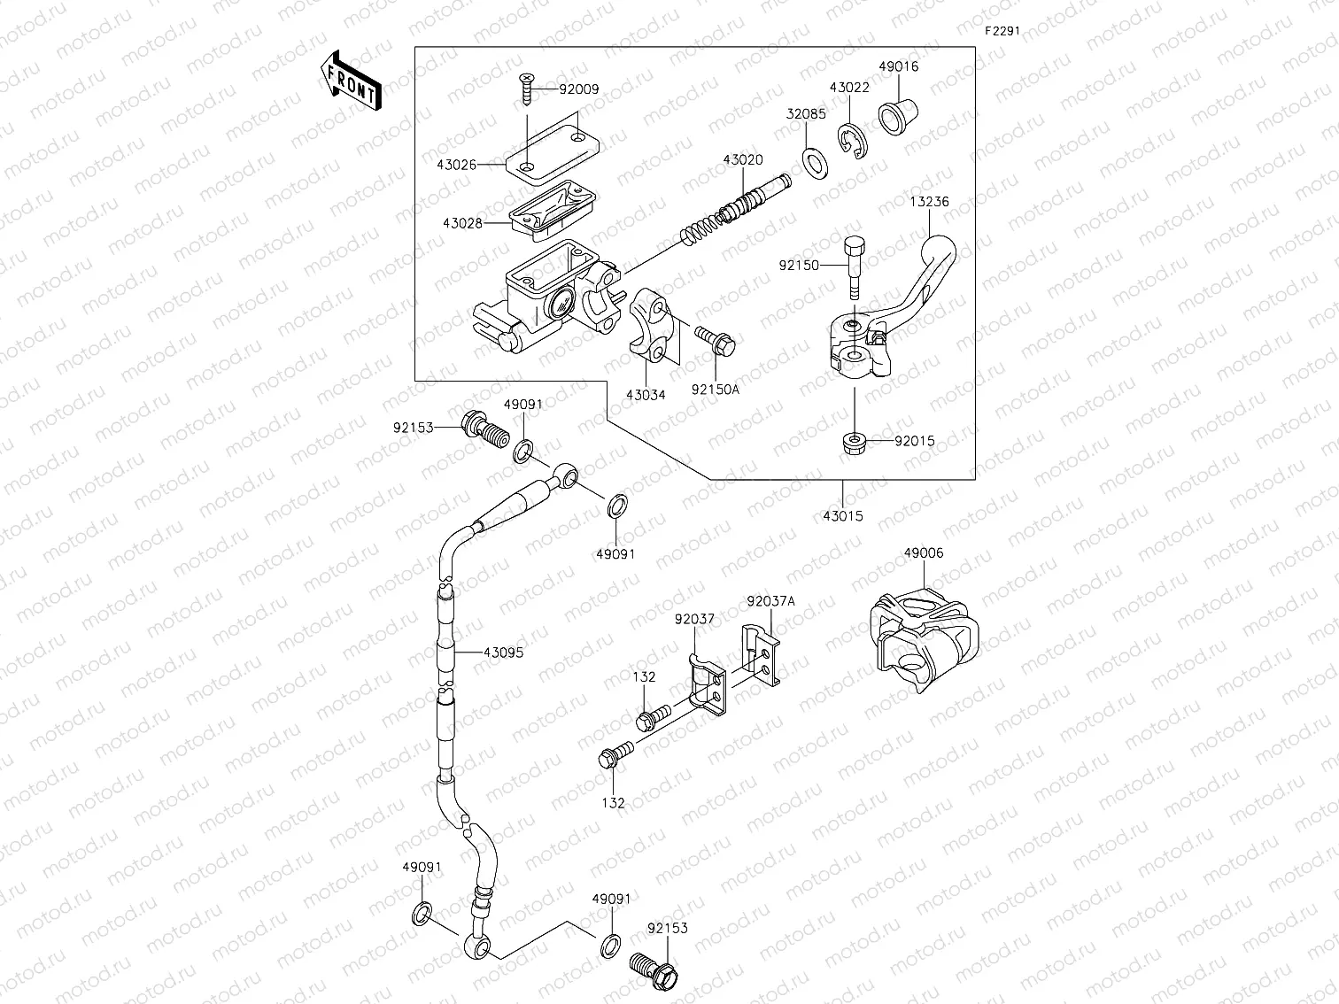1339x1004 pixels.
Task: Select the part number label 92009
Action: [579, 89]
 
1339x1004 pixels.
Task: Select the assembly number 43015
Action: [842, 515]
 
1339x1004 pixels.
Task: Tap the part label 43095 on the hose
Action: [503, 653]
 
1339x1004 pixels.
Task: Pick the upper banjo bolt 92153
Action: [483, 429]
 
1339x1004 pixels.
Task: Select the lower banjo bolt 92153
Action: [656, 970]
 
